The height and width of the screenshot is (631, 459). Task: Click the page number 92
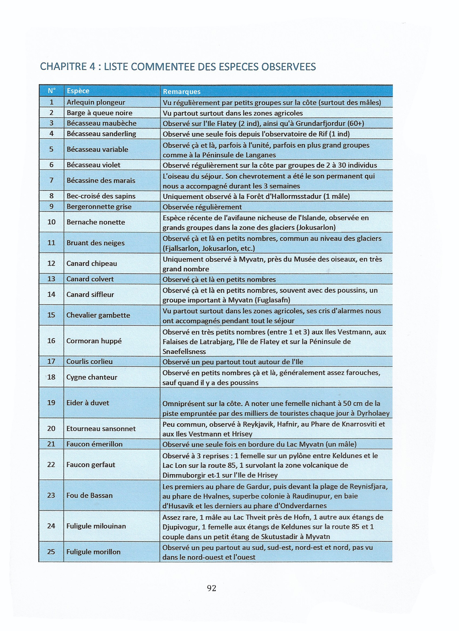click(211, 588)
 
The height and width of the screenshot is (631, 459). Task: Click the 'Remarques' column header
click(182, 91)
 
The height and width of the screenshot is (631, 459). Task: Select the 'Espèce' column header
click(78, 91)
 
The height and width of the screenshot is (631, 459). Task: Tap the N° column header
click(52, 91)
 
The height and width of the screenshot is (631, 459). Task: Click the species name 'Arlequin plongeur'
click(96, 102)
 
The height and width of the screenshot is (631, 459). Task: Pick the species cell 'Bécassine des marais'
click(101, 180)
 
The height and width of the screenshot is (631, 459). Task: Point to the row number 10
click(52, 222)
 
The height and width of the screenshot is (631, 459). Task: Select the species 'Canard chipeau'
click(92, 263)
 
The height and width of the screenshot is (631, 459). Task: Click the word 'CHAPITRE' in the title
click(63, 67)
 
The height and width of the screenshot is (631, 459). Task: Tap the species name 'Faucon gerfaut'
click(91, 465)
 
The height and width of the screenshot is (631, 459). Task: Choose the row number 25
click(51, 552)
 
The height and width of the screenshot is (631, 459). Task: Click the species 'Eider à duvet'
click(88, 403)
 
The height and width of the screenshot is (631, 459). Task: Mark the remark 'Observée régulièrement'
click(202, 207)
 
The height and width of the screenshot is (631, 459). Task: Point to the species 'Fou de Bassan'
click(90, 495)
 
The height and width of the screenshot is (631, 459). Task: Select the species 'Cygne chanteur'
click(92, 377)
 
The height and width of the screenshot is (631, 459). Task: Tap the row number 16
click(51, 341)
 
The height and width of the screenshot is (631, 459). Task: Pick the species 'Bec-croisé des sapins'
click(101, 196)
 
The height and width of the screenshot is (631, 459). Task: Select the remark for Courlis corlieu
click(233, 362)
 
